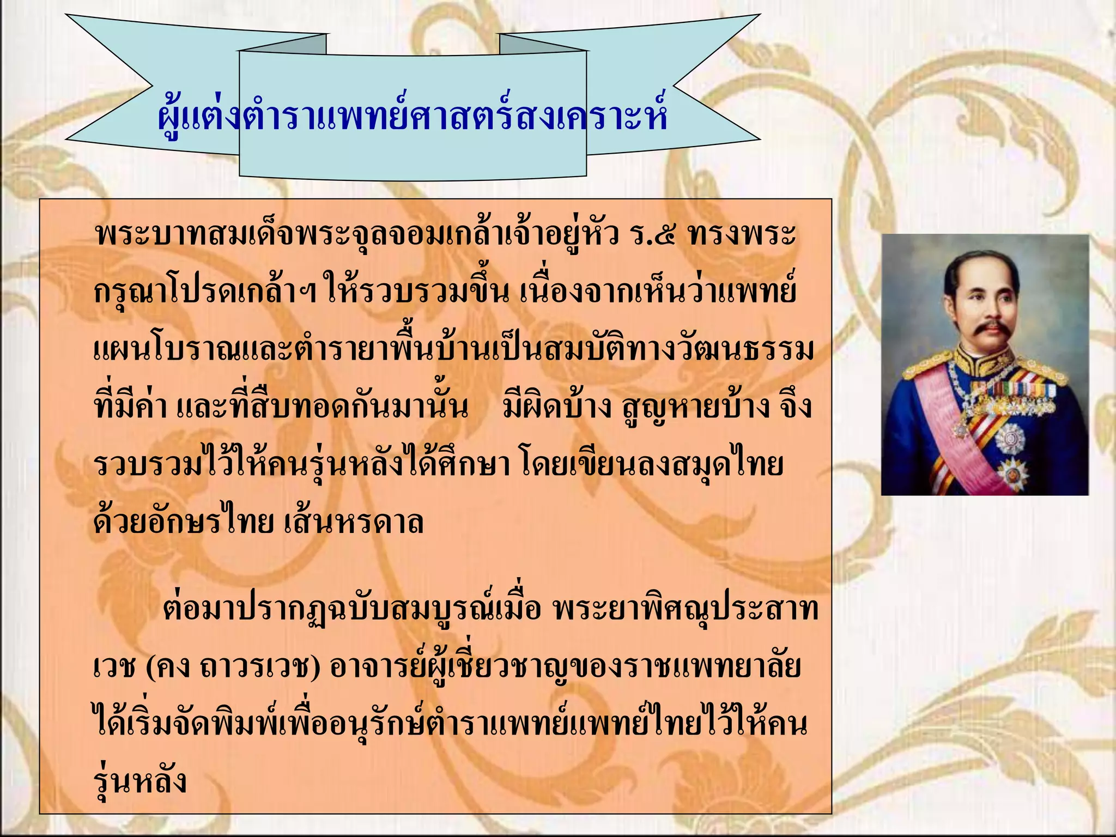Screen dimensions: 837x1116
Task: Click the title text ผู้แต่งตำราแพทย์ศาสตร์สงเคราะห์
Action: coord(412,116)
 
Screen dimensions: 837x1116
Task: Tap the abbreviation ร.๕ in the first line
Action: coord(652,234)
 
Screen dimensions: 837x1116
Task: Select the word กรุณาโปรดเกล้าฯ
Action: coord(205,293)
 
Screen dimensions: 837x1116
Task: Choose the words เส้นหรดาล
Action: coord(354,522)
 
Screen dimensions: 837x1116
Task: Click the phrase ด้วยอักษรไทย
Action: coord(183,522)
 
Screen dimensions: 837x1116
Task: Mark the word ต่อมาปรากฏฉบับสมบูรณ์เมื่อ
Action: coord(351,608)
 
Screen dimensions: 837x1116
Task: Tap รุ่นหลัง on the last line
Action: coord(140,781)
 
